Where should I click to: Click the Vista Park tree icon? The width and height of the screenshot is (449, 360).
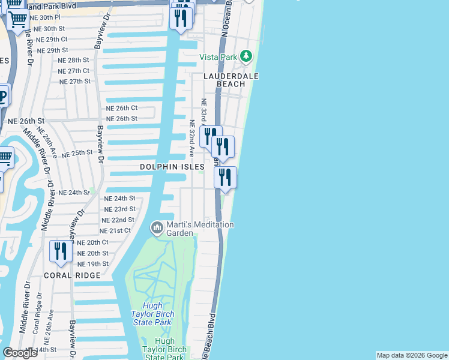(246, 56)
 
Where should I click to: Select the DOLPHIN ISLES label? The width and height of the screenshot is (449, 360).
(172, 166)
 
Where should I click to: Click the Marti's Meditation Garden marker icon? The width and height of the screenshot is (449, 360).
(157, 227)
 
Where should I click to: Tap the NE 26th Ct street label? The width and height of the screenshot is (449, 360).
(122, 108)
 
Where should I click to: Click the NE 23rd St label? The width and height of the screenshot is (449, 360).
(119, 209)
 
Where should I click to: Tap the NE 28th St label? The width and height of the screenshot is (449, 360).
(73, 61)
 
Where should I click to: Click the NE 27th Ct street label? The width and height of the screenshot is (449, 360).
(74, 71)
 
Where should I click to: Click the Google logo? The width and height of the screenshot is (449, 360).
(20, 353)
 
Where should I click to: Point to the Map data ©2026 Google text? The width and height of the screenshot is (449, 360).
(411, 355)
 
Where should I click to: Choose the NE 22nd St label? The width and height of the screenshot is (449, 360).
(118, 220)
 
